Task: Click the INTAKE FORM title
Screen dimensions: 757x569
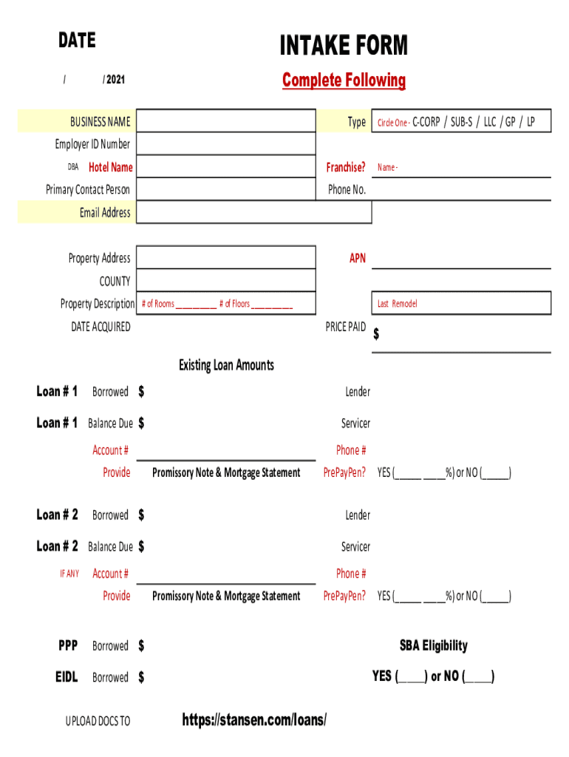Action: tap(344, 46)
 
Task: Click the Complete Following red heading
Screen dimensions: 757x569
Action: tap(344, 81)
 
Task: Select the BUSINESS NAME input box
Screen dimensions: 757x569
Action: tap(225, 121)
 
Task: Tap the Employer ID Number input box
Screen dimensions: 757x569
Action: tap(225, 144)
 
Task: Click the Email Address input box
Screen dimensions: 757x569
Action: tap(253, 213)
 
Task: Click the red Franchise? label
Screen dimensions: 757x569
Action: tap(346, 168)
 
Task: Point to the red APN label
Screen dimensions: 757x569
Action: tap(358, 259)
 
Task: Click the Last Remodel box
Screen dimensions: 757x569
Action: tap(461, 304)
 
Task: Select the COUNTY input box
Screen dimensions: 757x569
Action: tap(225, 281)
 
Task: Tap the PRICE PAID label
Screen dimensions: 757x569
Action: tap(345, 327)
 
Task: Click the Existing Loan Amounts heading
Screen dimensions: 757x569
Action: tap(226, 365)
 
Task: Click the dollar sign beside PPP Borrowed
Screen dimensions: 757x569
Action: tap(141, 646)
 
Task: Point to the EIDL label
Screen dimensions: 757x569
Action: tap(67, 677)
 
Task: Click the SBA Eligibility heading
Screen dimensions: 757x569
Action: tap(434, 646)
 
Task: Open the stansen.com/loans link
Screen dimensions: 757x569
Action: tap(254, 720)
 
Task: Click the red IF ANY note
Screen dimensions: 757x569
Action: tap(69, 574)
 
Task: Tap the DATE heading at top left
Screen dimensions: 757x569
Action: tap(77, 41)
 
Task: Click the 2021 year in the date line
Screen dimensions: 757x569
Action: tap(115, 79)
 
